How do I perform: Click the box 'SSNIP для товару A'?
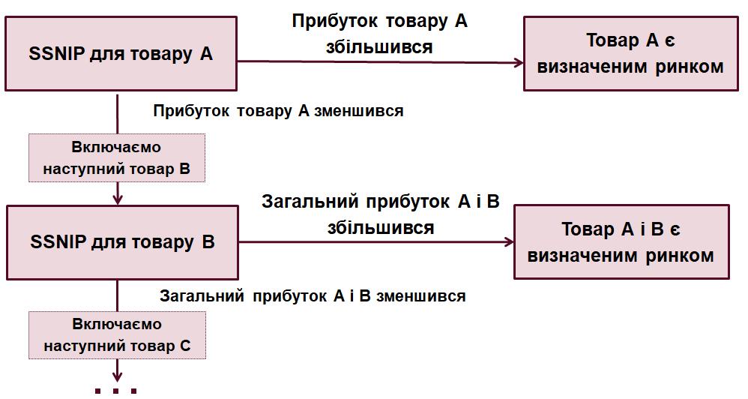click(x=121, y=54)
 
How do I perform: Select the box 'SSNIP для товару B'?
click(x=122, y=242)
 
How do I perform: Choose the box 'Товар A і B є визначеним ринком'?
click(x=621, y=242)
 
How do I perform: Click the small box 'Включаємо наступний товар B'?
click(x=116, y=158)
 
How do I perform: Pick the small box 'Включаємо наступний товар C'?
click(x=117, y=335)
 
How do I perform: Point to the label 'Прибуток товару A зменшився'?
click(x=278, y=111)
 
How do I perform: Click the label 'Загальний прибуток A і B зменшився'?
click(x=313, y=295)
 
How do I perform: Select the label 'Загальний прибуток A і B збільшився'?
click(x=380, y=214)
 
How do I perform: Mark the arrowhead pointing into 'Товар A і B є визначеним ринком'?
click(x=510, y=241)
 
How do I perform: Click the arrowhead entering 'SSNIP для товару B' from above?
click(x=118, y=199)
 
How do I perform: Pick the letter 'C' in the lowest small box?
click(x=185, y=346)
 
